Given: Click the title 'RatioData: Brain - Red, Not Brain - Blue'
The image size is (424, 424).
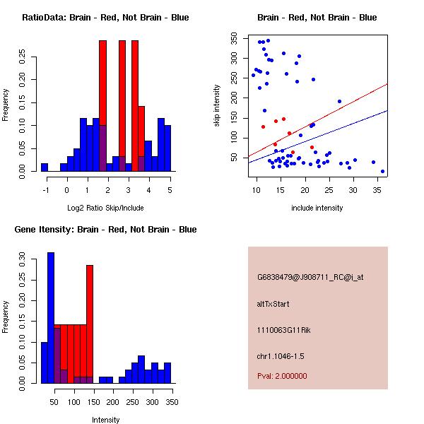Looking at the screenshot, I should [x=105, y=18].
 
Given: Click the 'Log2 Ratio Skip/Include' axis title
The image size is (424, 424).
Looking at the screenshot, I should [x=105, y=208].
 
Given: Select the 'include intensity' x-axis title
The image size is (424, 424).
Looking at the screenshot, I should [x=317, y=208].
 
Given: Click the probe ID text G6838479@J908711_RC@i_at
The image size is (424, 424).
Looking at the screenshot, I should [x=310, y=278].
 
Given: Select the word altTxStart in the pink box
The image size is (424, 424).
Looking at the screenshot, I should [x=273, y=304].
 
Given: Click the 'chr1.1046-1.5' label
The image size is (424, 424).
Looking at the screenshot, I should [x=281, y=355].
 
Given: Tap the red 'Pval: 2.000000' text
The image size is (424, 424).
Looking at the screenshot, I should [x=282, y=376].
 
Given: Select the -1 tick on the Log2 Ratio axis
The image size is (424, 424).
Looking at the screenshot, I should [x=46, y=189].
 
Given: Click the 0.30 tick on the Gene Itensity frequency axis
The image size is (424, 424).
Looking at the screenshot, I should [x=24, y=259].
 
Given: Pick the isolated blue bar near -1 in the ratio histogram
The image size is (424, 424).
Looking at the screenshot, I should [x=45, y=167].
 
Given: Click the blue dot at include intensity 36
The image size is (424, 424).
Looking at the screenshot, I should [x=382, y=171].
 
